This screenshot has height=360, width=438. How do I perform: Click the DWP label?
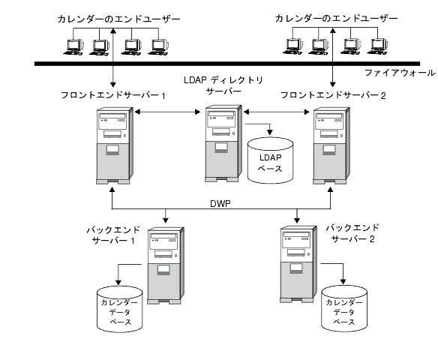point(220,203)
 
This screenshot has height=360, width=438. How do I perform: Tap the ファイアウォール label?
point(400,73)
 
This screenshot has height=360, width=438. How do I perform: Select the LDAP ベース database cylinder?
point(270,160)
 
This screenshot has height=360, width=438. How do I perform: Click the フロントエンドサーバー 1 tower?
point(115,145)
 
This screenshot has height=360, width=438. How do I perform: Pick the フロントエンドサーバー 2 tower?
point(331,145)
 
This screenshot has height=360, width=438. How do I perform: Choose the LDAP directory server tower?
point(223,143)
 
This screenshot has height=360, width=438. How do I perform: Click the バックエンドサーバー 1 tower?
point(166,265)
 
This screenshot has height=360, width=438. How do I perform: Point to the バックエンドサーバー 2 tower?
point(298,264)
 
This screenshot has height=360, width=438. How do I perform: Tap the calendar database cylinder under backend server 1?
point(119,309)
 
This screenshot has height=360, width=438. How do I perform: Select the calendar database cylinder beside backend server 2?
point(344,308)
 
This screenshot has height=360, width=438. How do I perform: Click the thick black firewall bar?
point(227,64)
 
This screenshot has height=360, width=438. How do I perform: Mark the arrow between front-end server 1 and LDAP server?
point(167,112)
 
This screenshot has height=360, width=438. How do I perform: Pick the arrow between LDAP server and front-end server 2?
point(277,112)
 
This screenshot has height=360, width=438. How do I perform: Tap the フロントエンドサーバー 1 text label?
point(113,95)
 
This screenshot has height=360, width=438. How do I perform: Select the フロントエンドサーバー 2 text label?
point(333,95)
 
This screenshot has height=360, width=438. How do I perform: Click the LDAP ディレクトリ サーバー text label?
point(223,85)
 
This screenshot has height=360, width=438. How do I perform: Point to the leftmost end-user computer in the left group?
point(73,47)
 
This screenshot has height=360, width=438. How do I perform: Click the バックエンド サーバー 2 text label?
point(352,233)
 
